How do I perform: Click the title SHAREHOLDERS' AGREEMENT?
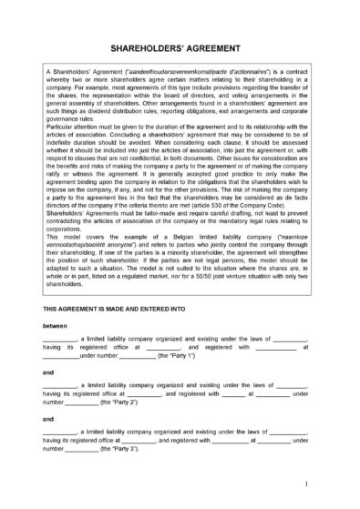point(180,44)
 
